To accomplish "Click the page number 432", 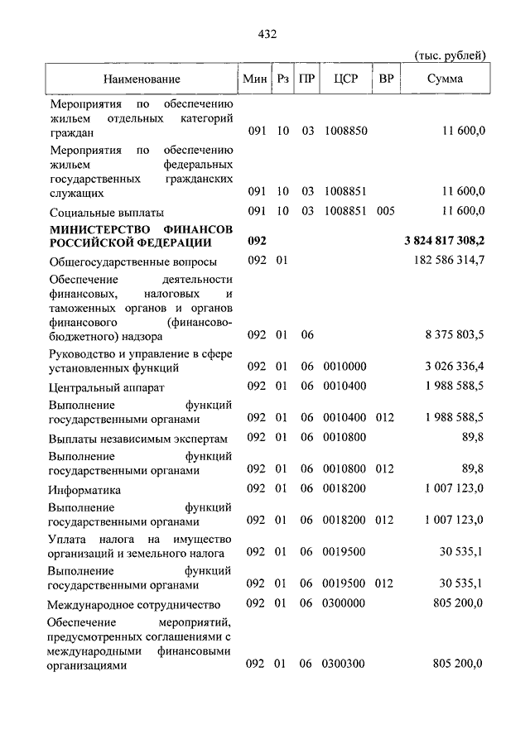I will point(266,34).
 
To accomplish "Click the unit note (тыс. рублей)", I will point(449,55).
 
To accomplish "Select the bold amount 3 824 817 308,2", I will point(444,241).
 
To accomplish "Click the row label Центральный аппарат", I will point(106,387).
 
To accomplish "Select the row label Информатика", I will point(84,489).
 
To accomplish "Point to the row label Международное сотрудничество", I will point(133,603).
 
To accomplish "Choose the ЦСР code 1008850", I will point(345,131).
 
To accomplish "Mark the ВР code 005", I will point(385,210).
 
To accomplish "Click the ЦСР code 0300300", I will point(345,664).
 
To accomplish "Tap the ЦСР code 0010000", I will point(345,366).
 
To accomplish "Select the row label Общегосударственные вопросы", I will point(132,262).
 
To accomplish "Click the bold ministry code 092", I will point(257,241).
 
